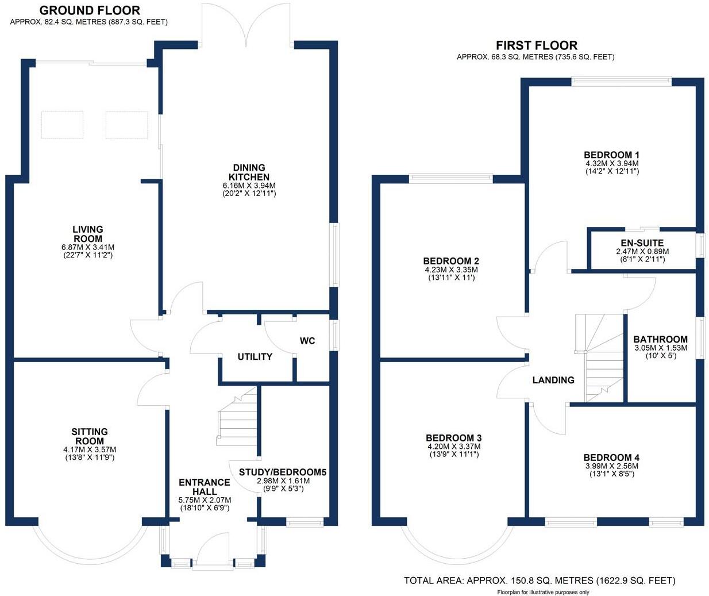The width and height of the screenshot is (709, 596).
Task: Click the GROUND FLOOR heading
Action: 90,10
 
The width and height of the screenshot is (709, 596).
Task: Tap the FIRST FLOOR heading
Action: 537,45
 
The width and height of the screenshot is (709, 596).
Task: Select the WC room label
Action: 307,341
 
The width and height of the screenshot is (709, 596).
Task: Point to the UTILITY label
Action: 255,356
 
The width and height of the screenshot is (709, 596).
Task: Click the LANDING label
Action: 553,380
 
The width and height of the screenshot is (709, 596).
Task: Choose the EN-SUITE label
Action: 642,243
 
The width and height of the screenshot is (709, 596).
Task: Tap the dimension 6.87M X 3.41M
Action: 88,247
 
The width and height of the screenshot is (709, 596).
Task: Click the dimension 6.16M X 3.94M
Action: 249,186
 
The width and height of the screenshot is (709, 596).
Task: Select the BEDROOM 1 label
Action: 611,155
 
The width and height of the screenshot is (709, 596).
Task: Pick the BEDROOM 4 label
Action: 611,457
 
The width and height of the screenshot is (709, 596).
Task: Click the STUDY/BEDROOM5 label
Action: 283,472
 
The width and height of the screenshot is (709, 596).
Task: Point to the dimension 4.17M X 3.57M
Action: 90,449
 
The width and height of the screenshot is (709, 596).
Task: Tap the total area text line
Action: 540,580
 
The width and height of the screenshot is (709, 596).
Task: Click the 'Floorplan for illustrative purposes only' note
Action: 544,593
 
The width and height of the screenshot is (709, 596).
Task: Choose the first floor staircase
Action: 599,358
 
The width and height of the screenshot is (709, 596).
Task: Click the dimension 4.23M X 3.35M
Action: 451,270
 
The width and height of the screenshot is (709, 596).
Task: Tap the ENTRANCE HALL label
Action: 205,487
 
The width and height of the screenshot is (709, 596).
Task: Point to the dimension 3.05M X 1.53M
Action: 661,348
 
